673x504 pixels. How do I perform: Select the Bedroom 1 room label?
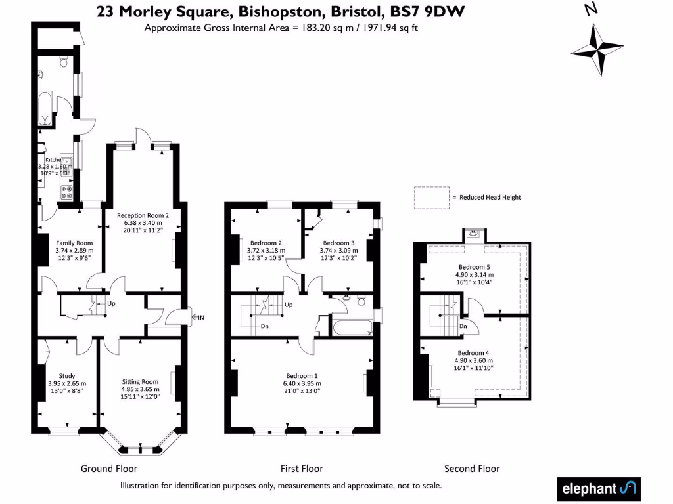(301, 376)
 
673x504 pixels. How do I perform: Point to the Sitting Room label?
(140, 381)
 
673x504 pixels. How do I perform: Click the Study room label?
(67, 376)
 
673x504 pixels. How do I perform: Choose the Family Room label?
(74, 243)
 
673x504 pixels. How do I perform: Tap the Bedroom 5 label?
(474, 267)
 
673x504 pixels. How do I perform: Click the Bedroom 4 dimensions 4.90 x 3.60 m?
(473, 360)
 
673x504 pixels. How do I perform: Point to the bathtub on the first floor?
(352, 328)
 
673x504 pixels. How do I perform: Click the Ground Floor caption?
(109, 469)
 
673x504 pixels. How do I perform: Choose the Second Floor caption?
(472, 469)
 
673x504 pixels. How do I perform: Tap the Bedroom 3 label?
(338, 243)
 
